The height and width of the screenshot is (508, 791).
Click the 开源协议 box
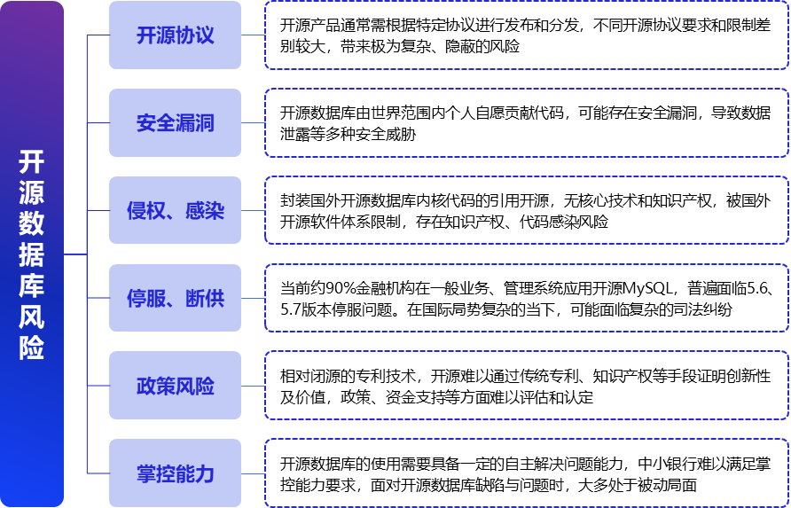tap(175, 35)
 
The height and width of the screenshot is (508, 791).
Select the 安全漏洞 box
tap(175, 123)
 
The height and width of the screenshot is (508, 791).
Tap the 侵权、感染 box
tap(175, 211)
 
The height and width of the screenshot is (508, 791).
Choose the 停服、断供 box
tap(175, 299)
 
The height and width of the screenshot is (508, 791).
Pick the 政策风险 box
tap(175, 387)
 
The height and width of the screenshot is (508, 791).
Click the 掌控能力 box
tap(175, 474)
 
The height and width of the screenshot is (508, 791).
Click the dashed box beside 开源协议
tap(526, 35)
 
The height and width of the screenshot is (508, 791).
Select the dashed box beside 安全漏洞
tap(526, 123)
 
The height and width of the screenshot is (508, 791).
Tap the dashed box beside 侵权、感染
tap(526, 211)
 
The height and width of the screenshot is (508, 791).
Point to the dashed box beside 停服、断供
tap(526, 299)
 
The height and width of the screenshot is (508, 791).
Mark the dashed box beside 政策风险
tap(526, 387)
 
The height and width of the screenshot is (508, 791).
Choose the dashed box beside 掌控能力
tap(526, 474)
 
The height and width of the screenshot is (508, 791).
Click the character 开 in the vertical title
tap(32, 162)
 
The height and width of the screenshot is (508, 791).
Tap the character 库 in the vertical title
tap(32, 286)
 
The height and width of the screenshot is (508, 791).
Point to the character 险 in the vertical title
tap(32, 348)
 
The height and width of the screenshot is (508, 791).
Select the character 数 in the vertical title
tap(32, 224)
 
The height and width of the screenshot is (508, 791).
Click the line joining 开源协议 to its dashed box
tap(253, 35)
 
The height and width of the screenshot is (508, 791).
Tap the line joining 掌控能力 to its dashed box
tap(253, 474)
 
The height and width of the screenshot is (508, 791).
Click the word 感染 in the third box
tap(205, 211)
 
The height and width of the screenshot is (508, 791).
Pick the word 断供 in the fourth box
tap(205, 299)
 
